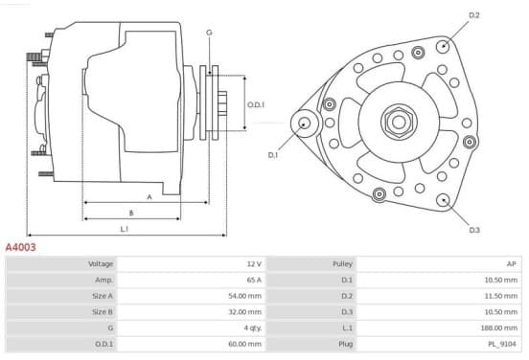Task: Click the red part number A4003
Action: pos(20,247)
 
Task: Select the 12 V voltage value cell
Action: pos(254,264)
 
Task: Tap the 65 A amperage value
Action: pos(254,280)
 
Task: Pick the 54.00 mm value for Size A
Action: pos(245,296)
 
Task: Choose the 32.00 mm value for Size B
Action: pos(245,312)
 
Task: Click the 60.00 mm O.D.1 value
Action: pos(245,344)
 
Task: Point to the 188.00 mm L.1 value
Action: pos(499,327)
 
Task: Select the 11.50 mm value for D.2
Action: pos(501,296)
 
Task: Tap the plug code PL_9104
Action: pos(502,344)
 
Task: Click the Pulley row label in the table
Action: pos(342,264)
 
